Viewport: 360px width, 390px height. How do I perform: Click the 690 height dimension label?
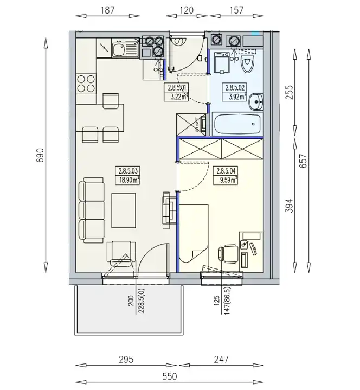pos(40,155)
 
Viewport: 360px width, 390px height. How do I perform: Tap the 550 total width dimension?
pos(170,376)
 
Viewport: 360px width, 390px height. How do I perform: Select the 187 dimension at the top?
pos(108,10)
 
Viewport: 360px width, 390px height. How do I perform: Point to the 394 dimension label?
pos(289,206)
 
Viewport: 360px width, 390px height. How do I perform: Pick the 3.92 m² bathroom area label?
pos(236,97)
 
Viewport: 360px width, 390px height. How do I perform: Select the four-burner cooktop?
pos(86,84)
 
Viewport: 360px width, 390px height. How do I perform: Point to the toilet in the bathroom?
pos(247,64)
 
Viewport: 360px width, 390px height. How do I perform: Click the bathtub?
pos(237,124)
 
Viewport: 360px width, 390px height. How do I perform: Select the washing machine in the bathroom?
pos(222,63)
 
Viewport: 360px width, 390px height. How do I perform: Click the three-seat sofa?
pos(91,210)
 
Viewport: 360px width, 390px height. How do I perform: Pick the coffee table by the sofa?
pos(124,210)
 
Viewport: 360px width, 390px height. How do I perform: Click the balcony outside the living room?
pos(129,310)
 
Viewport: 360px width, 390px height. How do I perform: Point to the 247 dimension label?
pos(221,360)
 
